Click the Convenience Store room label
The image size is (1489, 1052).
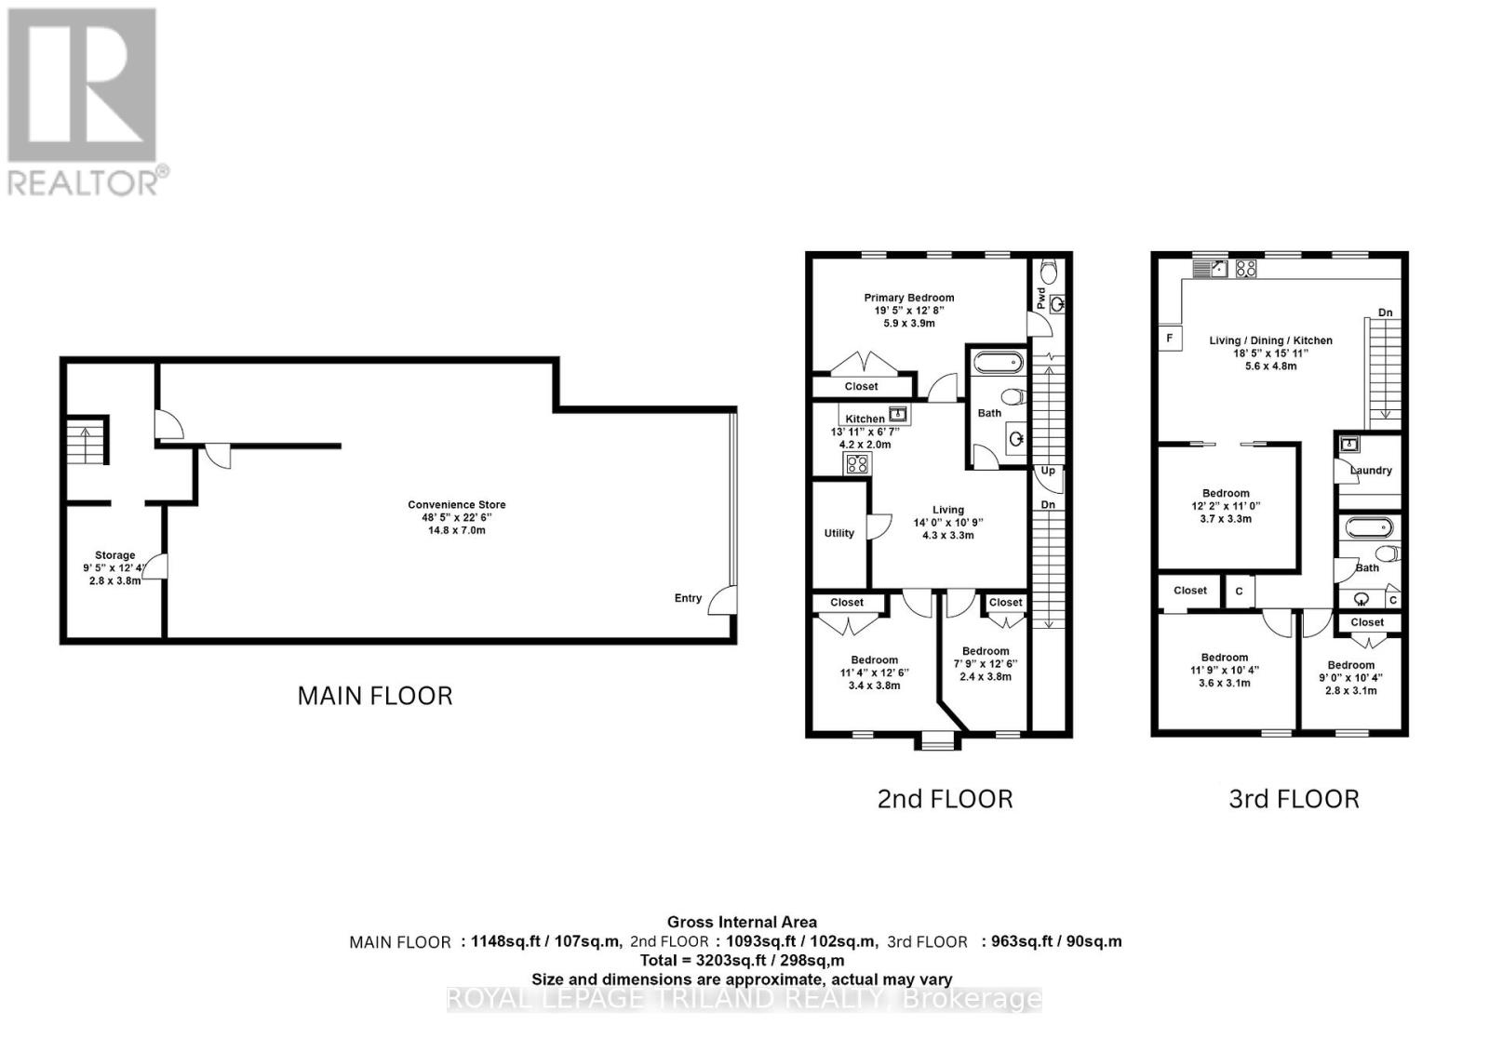coord(456,505)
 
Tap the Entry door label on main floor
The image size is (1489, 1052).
coord(688,598)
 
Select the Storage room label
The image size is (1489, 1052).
coord(114,555)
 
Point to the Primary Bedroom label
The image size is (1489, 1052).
coord(908,298)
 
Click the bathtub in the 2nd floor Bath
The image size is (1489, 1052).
coord(997,363)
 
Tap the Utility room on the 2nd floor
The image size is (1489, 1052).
coord(838,533)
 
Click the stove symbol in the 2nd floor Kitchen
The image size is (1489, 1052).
coord(856,463)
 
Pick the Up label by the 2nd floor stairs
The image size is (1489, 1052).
coord(1048,471)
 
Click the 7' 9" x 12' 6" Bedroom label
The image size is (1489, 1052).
coord(985,651)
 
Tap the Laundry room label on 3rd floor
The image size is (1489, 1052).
coord(1371,471)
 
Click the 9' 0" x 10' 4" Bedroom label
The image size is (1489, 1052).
coord(1350,665)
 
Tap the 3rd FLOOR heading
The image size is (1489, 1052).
coord(1294,799)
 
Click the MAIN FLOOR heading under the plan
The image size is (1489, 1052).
coord(375,696)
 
